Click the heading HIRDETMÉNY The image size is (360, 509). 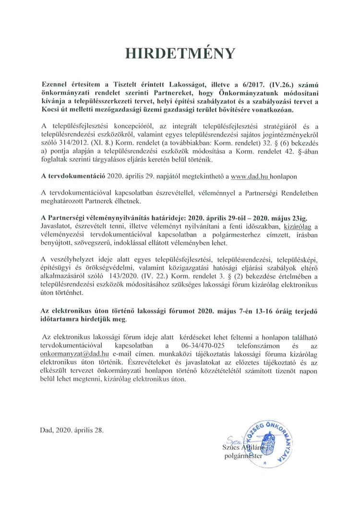pos(180,52)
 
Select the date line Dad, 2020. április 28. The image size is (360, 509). pos(72,429)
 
